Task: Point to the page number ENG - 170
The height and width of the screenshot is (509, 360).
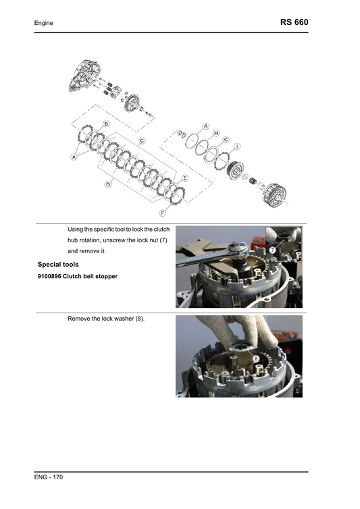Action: click(x=49, y=478)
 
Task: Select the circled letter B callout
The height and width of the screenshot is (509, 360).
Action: click(x=106, y=125)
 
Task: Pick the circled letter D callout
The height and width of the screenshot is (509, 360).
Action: click(x=107, y=186)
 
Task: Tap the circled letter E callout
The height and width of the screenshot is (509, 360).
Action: click(x=185, y=177)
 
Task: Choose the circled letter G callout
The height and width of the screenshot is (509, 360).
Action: click(x=205, y=126)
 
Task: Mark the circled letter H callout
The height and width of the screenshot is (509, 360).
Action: click(x=216, y=134)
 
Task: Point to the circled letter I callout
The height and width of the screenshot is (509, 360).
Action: click(x=237, y=146)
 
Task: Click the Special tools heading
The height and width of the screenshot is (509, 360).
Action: click(x=58, y=264)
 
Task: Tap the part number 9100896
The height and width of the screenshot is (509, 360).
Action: click(x=53, y=275)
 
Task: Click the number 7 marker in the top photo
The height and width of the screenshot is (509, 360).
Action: click(x=272, y=250)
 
